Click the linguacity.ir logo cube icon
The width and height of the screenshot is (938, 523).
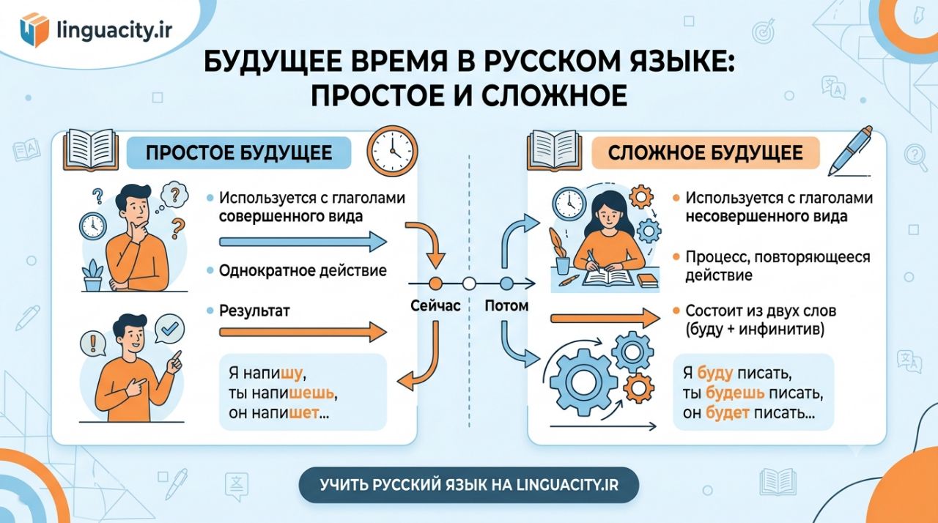[x=34, y=30]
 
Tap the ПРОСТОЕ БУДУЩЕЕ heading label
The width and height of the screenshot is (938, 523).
[x=239, y=152]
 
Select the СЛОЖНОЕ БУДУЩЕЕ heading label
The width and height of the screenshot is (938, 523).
[x=706, y=152]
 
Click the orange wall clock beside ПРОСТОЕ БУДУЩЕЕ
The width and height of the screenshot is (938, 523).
[x=392, y=151]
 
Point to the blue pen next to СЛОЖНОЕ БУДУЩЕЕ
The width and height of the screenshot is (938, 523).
[x=850, y=151]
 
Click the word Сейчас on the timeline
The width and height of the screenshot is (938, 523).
[x=435, y=306]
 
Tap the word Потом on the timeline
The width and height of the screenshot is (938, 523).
[x=506, y=306]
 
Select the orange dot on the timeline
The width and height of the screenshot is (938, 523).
[x=435, y=283]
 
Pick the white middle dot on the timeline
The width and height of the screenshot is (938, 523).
[x=469, y=283]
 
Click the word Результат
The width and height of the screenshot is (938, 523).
[x=254, y=311]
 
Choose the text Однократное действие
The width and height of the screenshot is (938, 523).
[x=303, y=271]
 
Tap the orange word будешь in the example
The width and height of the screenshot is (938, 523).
[x=735, y=393]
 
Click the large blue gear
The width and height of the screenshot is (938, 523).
[x=583, y=382]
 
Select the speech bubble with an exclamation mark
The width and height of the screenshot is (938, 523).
[x=92, y=344]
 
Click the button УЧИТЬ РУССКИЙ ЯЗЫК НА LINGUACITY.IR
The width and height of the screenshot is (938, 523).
[x=469, y=485]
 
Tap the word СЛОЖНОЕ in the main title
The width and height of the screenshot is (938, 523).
[x=553, y=96]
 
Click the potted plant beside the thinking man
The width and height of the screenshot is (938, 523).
[x=92, y=275]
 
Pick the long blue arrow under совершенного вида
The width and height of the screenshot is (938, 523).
[x=303, y=242]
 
